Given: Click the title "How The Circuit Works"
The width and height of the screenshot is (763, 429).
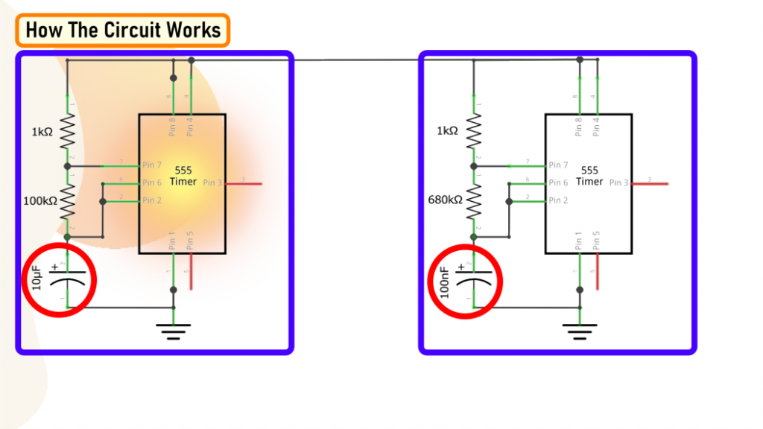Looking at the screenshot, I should [x=123, y=30].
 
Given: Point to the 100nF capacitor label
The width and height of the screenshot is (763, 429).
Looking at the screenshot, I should [x=444, y=282].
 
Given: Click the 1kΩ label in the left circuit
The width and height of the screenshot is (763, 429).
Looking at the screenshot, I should [x=42, y=131].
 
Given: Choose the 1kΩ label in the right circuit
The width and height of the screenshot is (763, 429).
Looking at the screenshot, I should [x=448, y=131].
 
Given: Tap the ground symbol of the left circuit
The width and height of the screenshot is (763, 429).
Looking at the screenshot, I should [x=174, y=330].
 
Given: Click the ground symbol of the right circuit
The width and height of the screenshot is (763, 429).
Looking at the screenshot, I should [x=580, y=330].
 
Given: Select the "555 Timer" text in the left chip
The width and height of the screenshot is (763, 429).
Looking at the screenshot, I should [x=183, y=176].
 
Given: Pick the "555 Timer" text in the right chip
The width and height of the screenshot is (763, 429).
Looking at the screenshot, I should [x=589, y=176].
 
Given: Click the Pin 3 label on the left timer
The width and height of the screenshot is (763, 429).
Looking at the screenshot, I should [x=212, y=182].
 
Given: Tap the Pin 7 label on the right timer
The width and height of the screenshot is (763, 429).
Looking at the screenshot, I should [x=558, y=165].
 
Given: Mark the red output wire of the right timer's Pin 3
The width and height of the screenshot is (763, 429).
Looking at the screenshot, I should [x=650, y=182].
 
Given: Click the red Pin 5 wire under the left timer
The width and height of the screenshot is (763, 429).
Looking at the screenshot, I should [x=191, y=271].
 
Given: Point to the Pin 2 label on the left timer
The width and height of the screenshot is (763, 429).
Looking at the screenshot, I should [x=152, y=200].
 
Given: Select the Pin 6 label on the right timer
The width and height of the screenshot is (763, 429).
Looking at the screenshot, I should [x=558, y=182].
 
